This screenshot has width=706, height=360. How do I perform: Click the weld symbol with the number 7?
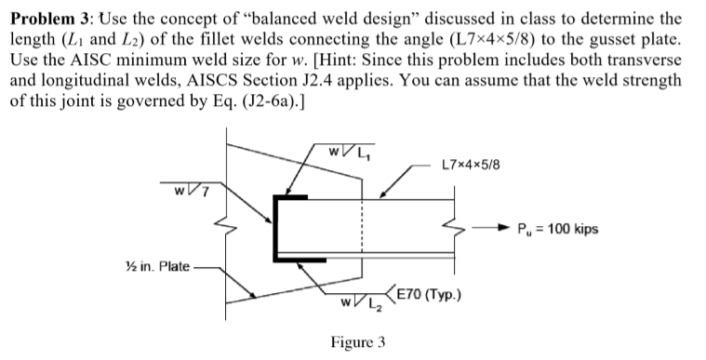[184, 191]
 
